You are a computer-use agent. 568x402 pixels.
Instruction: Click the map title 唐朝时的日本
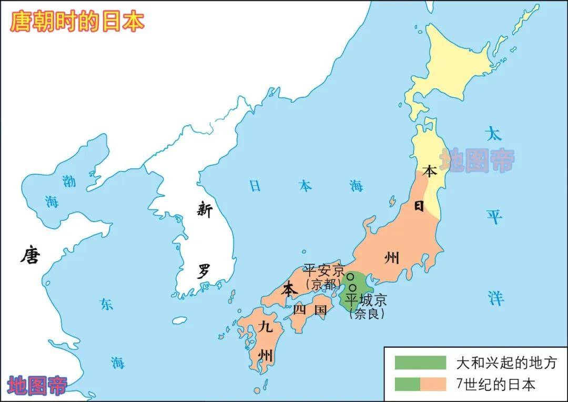[x=77, y=22]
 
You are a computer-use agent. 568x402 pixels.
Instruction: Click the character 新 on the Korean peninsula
[x=205, y=210]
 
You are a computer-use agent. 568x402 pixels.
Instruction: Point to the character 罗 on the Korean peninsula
[x=204, y=272]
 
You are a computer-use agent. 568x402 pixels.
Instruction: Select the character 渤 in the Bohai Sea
[x=69, y=182]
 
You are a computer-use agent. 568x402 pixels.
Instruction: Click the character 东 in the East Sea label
[x=107, y=304]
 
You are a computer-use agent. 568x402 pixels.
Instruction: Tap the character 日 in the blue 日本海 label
[x=255, y=186]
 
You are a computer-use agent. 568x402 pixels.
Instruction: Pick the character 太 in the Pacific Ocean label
[x=493, y=134]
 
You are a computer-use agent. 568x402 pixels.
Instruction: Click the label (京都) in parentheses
[x=323, y=284]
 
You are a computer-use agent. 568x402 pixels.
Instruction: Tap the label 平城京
[x=366, y=300]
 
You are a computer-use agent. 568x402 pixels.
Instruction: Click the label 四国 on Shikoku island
[x=310, y=309]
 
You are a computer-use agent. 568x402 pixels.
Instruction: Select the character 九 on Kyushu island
[x=266, y=327]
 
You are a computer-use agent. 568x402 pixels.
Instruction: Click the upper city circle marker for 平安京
[x=349, y=276]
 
